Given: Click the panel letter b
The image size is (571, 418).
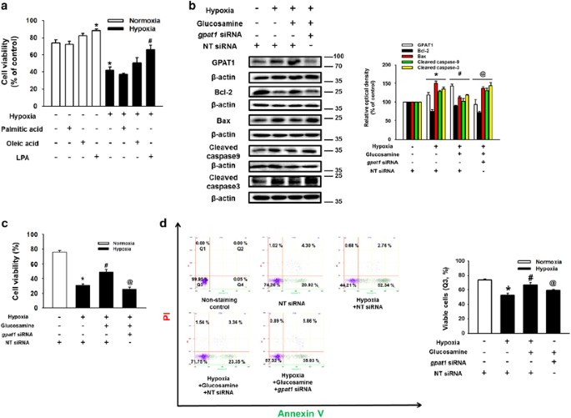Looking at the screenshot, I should (x=193, y=7).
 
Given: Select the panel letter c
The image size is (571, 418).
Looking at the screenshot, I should (x=7, y=224).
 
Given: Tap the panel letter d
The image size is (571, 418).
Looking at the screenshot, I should (x=174, y=224).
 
